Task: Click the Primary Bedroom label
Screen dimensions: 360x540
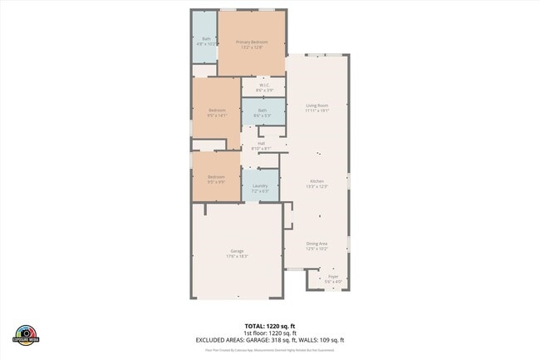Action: coord(252,42)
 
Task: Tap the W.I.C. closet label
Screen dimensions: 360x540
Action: coord(263,84)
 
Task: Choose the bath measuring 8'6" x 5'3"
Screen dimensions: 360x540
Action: coord(263,112)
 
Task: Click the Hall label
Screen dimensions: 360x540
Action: coord(261,143)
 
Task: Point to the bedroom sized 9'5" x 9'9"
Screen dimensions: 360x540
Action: coord(216,179)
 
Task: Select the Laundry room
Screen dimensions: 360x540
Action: coord(260,187)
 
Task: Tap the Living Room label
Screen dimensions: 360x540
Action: coord(317,106)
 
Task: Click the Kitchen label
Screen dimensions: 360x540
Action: coord(317,181)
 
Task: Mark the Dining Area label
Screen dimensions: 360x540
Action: coord(317,243)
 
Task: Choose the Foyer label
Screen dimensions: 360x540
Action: coord(332,278)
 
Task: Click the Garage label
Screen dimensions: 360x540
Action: coord(237,250)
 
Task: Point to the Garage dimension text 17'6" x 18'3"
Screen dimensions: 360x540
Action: coord(237,256)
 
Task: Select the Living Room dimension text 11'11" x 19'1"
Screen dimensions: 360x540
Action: coord(317,111)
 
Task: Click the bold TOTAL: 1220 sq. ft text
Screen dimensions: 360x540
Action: coord(269,325)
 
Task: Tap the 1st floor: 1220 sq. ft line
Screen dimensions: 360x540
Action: coord(269,333)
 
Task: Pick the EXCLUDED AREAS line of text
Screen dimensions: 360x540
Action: coord(269,340)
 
